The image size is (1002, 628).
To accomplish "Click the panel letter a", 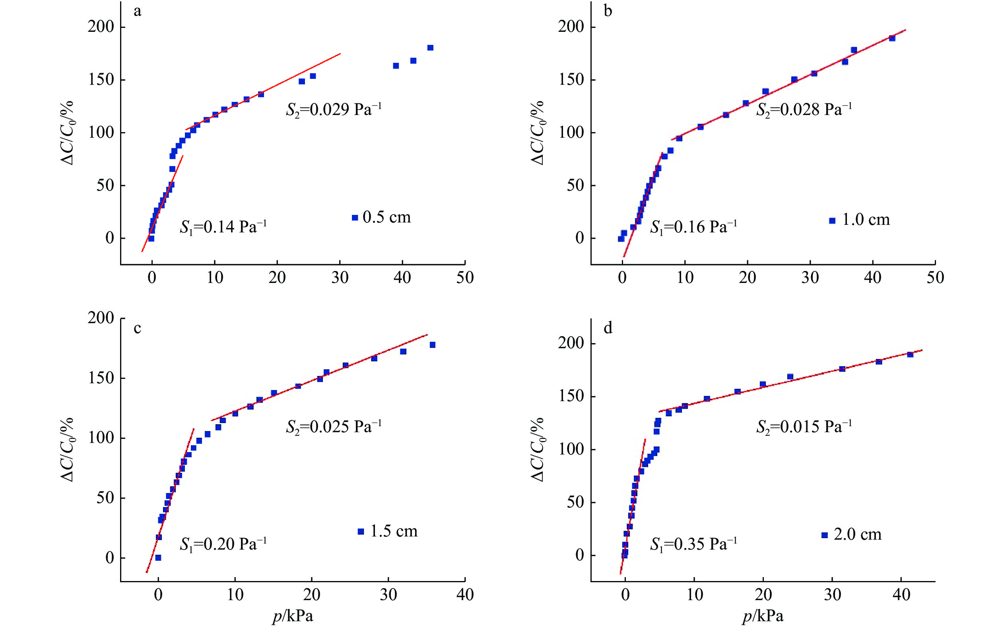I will pyautogui.click(x=137, y=12).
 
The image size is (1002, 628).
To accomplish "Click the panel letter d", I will pyautogui.click(x=608, y=329).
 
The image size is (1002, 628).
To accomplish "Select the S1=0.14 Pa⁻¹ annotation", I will pyautogui.click(x=223, y=227).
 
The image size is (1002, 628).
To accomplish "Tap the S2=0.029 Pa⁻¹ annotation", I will pyautogui.click(x=333, y=110).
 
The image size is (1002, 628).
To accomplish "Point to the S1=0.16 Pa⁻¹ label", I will pyautogui.click(x=693, y=227).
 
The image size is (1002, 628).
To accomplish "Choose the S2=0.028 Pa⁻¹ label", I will pyautogui.click(x=804, y=110).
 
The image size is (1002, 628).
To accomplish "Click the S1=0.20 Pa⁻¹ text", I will pyautogui.click(x=223, y=544).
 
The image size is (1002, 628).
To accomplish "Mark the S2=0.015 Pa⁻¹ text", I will pyautogui.click(x=804, y=427).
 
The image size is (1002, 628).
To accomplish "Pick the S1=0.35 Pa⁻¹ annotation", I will pyautogui.click(x=693, y=544).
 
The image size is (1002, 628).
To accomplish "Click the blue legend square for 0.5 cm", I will pyautogui.click(x=355, y=218).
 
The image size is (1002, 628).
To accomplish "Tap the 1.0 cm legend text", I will pyautogui.click(x=866, y=220).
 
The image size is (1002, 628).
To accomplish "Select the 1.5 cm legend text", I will pyautogui.click(x=393, y=531).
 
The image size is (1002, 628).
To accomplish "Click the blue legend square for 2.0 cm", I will pyautogui.click(x=824, y=535).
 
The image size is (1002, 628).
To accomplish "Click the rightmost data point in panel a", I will pyautogui.click(x=430, y=48).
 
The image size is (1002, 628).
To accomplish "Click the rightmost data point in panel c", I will pyautogui.click(x=432, y=345).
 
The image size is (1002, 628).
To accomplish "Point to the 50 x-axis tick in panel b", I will pyautogui.click(x=935, y=277).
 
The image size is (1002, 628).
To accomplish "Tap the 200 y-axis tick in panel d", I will pyautogui.click(x=571, y=343).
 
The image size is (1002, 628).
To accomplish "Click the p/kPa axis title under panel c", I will pyautogui.click(x=293, y=616).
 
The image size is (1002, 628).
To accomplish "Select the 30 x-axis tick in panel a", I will pyautogui.click(x=340, y=277).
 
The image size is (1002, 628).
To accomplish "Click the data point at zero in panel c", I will pyautogui.click(x=158, y=558).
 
